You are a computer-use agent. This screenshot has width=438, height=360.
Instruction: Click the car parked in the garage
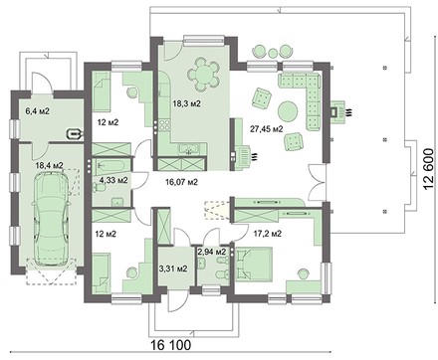tap(51, 219)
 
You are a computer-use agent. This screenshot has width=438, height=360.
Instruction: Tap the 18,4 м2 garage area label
tap(50, 165)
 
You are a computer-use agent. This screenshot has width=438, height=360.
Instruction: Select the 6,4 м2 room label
tap(38, 111)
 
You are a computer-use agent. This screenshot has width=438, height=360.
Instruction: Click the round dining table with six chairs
tap(203, 75)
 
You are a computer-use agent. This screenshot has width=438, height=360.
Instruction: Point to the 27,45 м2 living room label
tap(267, 129)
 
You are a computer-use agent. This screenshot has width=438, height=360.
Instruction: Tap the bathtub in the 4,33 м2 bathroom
tap(109, 166)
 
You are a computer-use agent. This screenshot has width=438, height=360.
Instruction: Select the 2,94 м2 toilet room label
tap(212, 252)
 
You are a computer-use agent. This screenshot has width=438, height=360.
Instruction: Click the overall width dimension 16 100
tap(171, 345)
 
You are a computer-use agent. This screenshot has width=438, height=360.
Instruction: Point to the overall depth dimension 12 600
tap(428, 169)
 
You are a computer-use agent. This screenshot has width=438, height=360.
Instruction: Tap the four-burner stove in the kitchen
tap(165, 126)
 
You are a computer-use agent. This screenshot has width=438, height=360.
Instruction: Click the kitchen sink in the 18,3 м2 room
tap(189, 149)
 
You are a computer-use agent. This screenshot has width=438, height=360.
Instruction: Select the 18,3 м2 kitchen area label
tap(187, 103)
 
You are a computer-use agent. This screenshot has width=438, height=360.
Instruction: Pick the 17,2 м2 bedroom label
tap(268, 234)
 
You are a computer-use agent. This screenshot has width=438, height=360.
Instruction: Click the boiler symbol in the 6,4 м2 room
tap(75, 134)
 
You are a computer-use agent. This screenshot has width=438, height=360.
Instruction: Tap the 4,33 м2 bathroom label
tap(113, 180)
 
